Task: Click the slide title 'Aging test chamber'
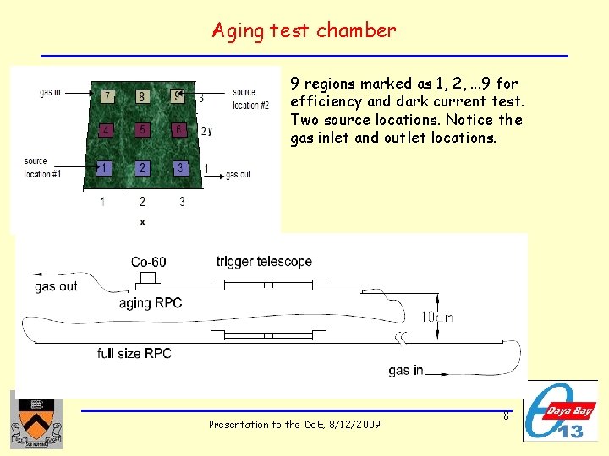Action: (x=304, y=31)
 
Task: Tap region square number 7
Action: (x=107, y=96)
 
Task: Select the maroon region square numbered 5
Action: (x=142, y=130)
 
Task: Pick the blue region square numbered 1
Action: (x=104, y=168)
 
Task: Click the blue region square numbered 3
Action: (x=179, y=168)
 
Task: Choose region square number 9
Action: (x=178, y=95)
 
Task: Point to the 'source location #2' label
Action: (x=250, y=99)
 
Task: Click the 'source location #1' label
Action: (x=36, y=166)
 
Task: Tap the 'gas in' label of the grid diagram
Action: (x=50, y=92)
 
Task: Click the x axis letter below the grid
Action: (x=142, y=222)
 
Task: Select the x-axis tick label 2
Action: (x=142, y=202)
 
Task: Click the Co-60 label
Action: (x=148, y=262)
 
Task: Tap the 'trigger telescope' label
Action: (x=264, y=262)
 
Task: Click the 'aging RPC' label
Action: (x=151, y=302)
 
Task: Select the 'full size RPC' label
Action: (x=134, y=353)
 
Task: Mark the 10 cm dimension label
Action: (x=438, y=318)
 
